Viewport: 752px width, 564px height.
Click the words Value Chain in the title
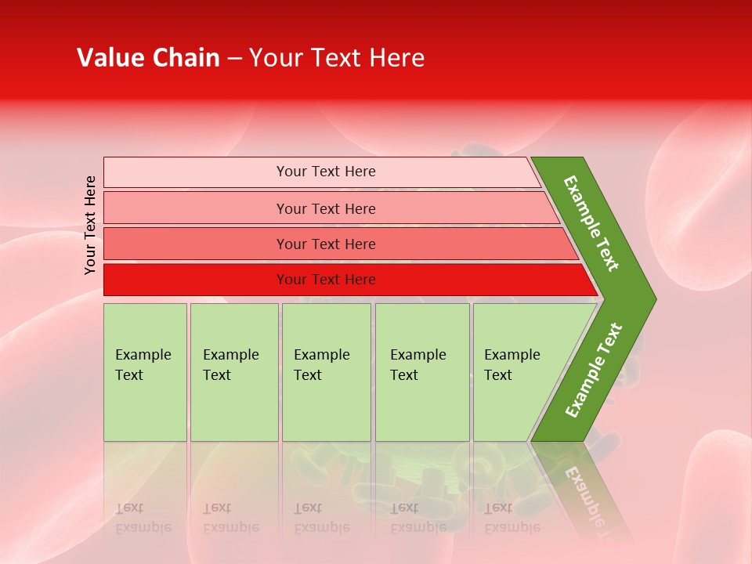coord(148,58)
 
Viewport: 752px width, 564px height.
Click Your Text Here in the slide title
coord(337,58)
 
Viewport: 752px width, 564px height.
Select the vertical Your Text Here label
coord(90,225)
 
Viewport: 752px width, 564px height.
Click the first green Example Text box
coord(145,372)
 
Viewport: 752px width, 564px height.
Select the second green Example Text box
coord(234,372)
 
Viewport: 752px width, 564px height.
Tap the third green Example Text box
coord(326,372)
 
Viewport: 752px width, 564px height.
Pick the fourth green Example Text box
coord(422,372)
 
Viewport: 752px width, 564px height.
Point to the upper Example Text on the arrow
coord(591,223)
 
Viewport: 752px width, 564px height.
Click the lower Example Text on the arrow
coord(594,371)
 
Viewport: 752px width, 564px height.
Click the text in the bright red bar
coord(326,280)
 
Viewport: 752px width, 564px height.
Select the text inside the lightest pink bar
coord(326,172)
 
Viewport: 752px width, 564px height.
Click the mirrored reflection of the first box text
coord(143,518)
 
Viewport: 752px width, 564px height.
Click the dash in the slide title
coord(234,59)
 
